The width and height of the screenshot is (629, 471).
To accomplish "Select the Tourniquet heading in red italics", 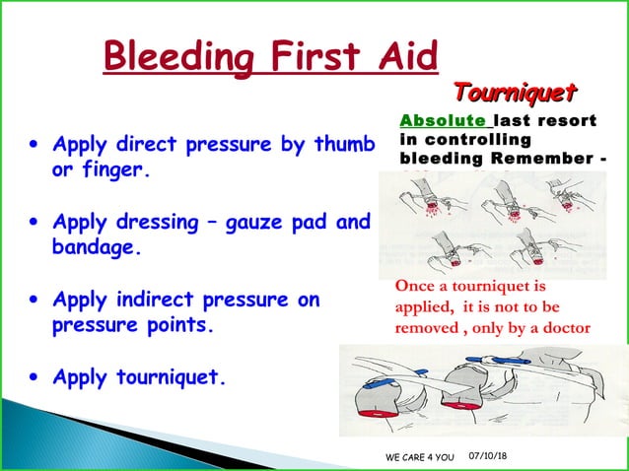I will click(x=514, y=93).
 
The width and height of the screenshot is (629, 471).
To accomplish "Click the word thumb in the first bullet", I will click(x=342, y=145).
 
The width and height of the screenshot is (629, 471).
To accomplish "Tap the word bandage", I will click(x=96, y=247).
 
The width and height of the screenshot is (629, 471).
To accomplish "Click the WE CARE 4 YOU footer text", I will click(x=419, y=458).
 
